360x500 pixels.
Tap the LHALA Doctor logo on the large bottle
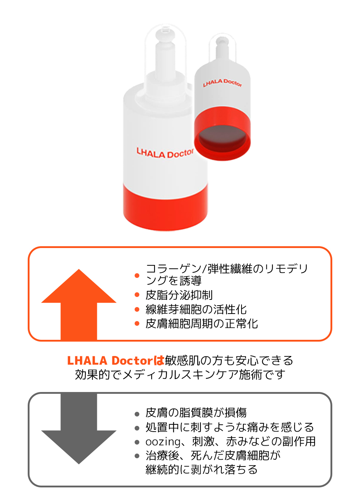[165, 153]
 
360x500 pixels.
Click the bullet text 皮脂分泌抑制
[179, 295]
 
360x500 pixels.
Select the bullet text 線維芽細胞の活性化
[196, 309]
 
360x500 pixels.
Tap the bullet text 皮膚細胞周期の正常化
[202, 324]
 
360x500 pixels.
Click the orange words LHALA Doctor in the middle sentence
[110, 360]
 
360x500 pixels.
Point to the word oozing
[163, 442]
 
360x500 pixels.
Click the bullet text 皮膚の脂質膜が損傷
[196, 413]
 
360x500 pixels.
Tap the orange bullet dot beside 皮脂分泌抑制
[137, 295]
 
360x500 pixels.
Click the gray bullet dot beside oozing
[137, 442]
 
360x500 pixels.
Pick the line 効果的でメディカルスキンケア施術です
[180, 375]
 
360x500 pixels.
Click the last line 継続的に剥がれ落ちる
[202, 470]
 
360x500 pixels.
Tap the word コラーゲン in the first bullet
[174, 269]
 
